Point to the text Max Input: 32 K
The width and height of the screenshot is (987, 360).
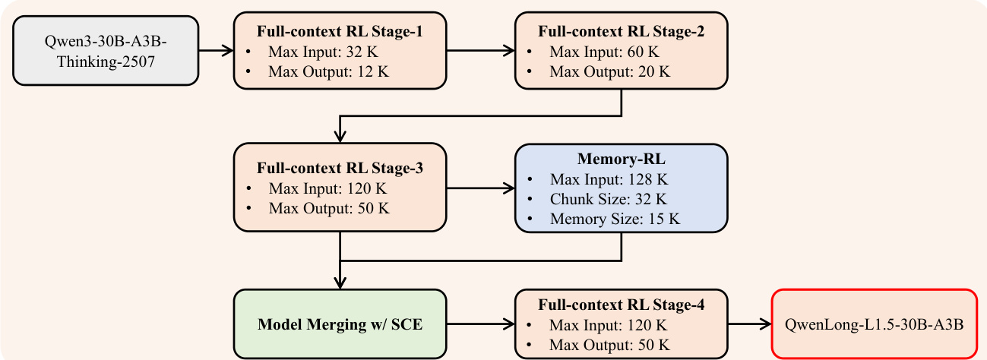pyautogui.click(x=322, y=53)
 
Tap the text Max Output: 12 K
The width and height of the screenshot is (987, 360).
pyautogui.click(x=327, y=72)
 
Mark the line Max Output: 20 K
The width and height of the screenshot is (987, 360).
pyautogui.click(x=610, y=72)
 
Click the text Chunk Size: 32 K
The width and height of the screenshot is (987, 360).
pyautogui.click(x=608, y=200)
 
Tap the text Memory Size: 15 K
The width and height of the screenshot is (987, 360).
pyautogui.click(x=614, y=219)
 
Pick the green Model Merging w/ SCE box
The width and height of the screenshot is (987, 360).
pyautogui.click(x=340, y=324)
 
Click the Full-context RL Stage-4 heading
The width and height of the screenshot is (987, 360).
pyautogui.click(x=621, y=306)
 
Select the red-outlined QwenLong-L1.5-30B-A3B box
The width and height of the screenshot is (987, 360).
pyautogui.click(x=874, y=324)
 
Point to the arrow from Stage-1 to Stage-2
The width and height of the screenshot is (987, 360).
pyautogui.click(x=480, y=52)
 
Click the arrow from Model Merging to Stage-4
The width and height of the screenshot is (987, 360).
pyautogui.click(x=480, y=324)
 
